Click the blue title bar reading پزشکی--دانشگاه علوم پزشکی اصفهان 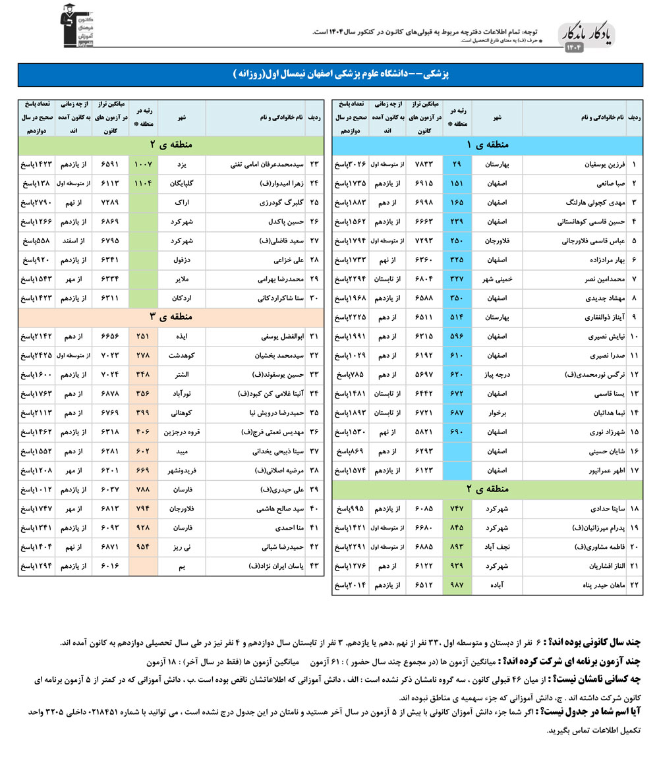coord(329,74)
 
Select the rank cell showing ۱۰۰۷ coord(143,163)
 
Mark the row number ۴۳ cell coord(314,566)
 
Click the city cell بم coord(181,566)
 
